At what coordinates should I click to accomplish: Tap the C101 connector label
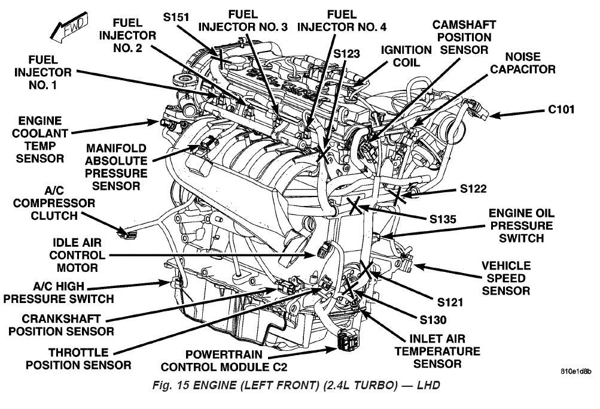pos(561,110)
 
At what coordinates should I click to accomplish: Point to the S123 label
pos(346,53)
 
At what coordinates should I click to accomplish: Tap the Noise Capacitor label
pos(522,63)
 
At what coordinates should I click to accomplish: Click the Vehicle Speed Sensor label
pos(506,278)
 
